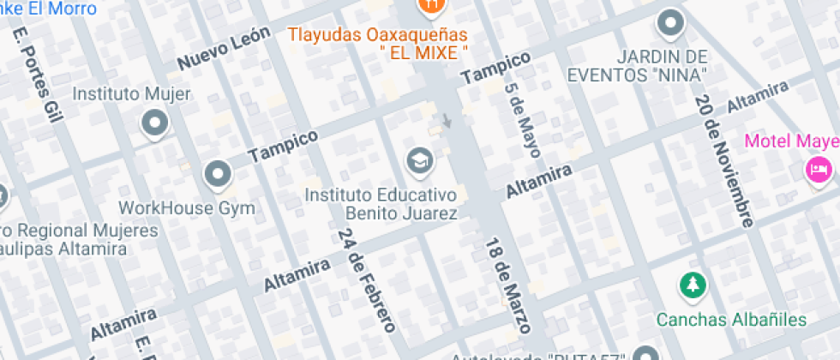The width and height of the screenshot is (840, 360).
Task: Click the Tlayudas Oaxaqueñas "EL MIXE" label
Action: coord(377,43)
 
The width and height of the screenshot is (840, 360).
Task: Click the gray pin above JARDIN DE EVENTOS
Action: coord(670,23)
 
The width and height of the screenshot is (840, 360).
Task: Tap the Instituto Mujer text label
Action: coord(131,93)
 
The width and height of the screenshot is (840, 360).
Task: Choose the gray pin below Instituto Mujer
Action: coord(154,123)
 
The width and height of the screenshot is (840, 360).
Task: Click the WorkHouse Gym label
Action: coord(187,207)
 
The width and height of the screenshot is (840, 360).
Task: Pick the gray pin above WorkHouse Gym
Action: coord(218,175)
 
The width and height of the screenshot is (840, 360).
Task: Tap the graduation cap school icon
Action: coord(418,160)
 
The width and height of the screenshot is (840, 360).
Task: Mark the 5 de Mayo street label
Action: coord(523,121)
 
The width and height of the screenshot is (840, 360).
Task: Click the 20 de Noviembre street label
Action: coord(724,161)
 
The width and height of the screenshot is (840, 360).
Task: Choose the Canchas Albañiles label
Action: coord(731,320)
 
